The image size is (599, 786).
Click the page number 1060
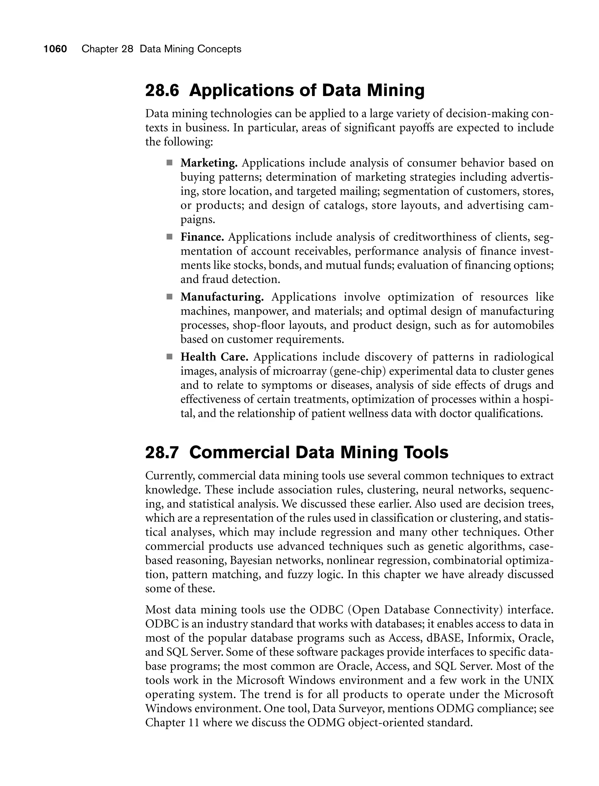point(55,49)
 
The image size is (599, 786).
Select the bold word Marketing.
point(209,163)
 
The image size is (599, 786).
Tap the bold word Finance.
point(202,237)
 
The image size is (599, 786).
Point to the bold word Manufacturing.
point(222,297)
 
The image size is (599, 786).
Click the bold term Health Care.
point(214,357)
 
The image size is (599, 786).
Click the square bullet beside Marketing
point(169,163)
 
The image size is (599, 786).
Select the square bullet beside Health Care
point(169,357)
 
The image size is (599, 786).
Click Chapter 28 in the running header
point(107,49)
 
